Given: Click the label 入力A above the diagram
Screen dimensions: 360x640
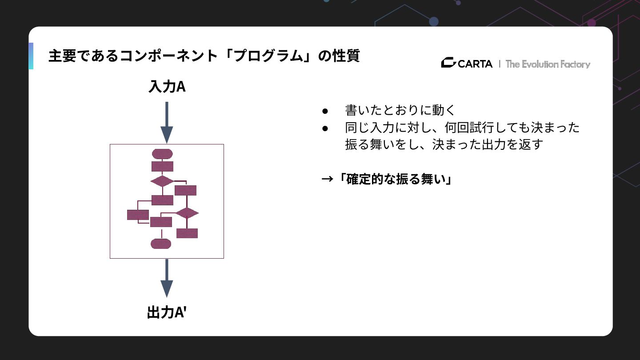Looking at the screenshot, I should [167, 87].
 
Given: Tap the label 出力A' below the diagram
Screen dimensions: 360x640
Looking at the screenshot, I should [167, 312].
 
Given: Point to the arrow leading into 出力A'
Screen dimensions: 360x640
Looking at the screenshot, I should [167, 278].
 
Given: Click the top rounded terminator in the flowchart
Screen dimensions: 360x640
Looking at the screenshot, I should [162, 154].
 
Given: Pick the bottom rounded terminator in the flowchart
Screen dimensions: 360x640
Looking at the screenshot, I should [161, 244].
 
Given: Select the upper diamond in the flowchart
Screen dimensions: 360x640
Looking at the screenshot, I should [162, 181].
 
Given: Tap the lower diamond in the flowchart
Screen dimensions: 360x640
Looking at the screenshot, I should [187, 213].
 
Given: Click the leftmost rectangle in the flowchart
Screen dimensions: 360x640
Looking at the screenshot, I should [138, 215].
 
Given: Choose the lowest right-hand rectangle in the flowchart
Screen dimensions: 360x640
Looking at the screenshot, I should [187, 233].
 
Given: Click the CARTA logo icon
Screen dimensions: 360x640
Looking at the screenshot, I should [448, 63].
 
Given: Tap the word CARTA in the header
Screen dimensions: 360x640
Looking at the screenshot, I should [475, 64].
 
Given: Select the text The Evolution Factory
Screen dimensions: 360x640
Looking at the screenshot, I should [548, 64].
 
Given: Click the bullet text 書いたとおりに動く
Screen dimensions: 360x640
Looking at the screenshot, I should [400, 110].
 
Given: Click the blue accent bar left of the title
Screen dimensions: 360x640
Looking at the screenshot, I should [31, 56].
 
